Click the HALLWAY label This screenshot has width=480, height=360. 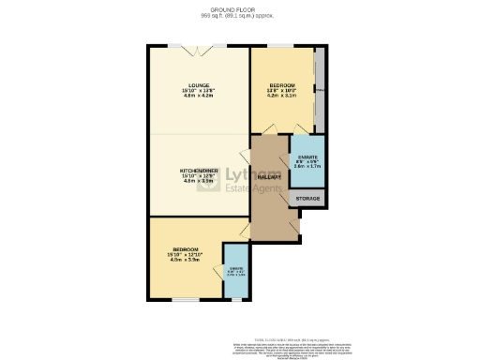pyautogui.click(x=270, y=174)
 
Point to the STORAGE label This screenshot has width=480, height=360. pyautogui.click(x=307, y=199)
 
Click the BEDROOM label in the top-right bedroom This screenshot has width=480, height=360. pyautogui.click(x=281, y=82)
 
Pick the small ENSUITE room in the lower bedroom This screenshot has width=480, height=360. pyautogui.click(x=235, y=274)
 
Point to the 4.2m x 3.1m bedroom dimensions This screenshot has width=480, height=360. pyautogui.click(x=281, y=94)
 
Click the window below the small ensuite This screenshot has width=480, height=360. pyautogui.click(x=235, y=301)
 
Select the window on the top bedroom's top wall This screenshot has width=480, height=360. pyautogui.click(x=281, y=45)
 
